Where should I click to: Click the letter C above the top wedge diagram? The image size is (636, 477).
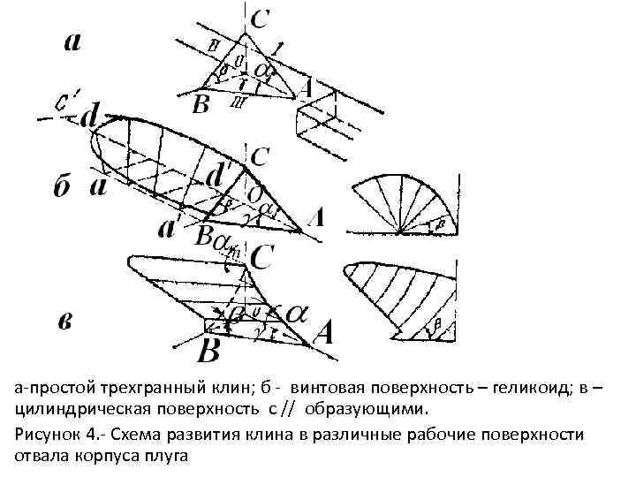tap(261, 18)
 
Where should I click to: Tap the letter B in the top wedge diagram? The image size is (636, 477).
tap(201, 105)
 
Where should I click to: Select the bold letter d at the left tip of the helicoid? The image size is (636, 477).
tap(90, 117)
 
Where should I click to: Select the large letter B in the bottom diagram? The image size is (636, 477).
tap(208, 350)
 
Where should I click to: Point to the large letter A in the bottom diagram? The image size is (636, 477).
tap(322, 334)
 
